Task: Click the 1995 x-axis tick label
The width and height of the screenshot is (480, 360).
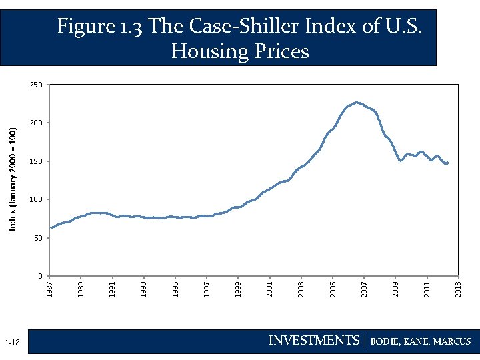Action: [175, 290]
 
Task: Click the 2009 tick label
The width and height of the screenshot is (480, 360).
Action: [396, 290]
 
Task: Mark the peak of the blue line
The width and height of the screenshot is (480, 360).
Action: [357, 103]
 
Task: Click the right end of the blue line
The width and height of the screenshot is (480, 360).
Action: [447, 163]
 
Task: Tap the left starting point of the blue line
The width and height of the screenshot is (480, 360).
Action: [51, 228]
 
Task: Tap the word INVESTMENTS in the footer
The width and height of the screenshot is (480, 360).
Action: [313, 341]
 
